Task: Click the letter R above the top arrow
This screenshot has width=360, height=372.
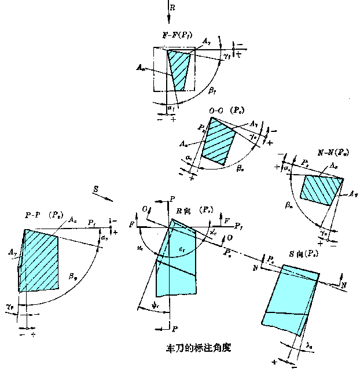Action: coord(173,7)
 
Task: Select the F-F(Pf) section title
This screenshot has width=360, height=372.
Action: coord(178,34)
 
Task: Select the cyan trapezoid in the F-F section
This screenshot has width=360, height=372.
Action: coord(179,70)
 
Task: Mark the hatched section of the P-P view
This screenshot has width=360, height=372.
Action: coord(39,260)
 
